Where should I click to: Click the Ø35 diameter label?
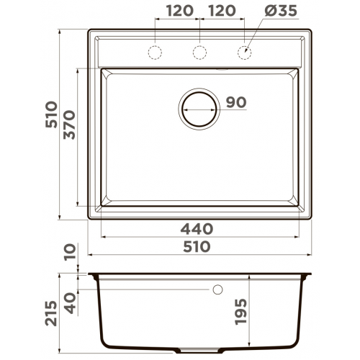tap(281, 11)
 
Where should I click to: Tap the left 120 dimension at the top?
tap(180, 11)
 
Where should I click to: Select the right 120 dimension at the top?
tap(222, 11)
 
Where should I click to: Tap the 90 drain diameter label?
tap(236, 102)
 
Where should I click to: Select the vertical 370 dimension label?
tap(70, 125)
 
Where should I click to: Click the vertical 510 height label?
tap(51, 114)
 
